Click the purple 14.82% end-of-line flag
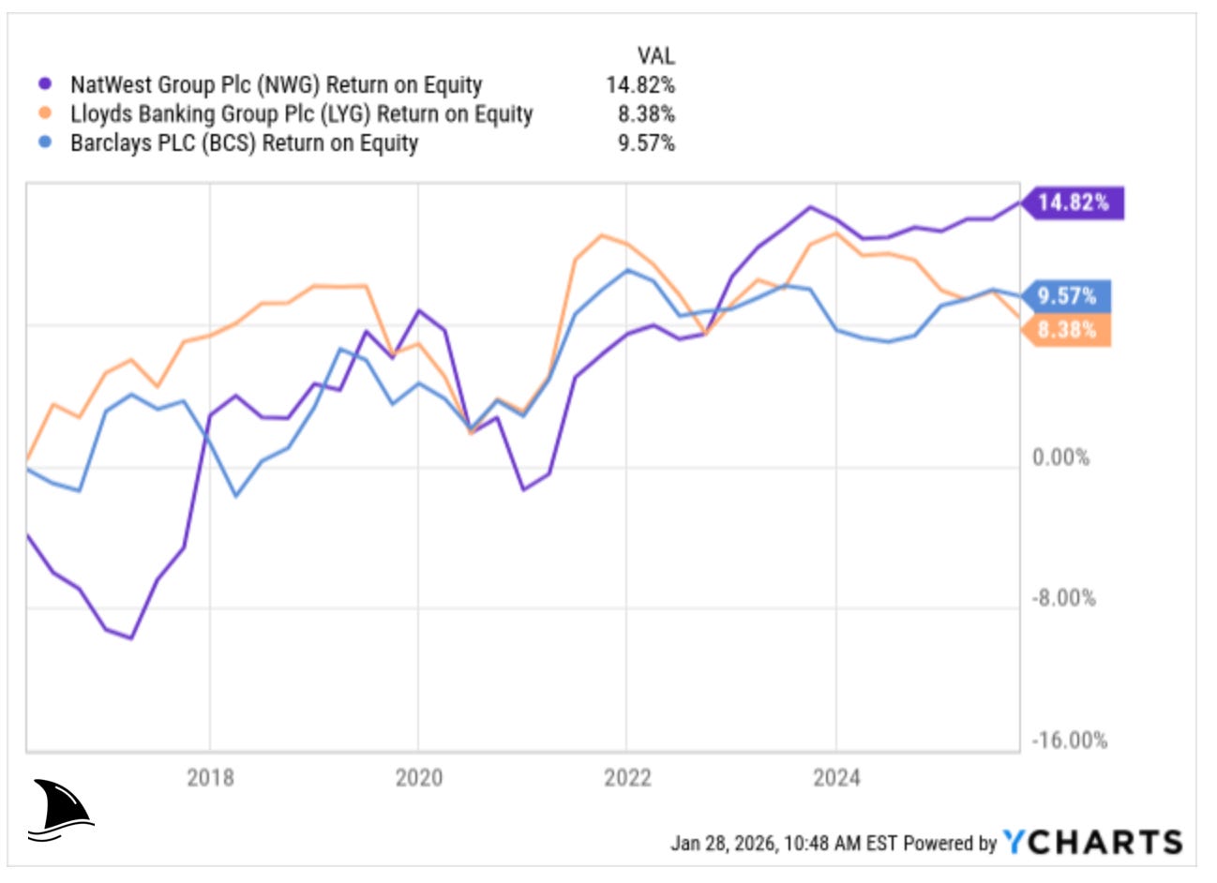click(1072, 202)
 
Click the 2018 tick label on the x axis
click(210, 777)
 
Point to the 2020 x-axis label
click(418, 777)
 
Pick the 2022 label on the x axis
click(627, 777)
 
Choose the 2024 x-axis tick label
click(835, 777)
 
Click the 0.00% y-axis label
click(1060, 457)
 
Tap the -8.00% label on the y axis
click(1062, 598)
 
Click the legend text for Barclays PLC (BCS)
click(244, 143)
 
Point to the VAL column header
click(655, 56)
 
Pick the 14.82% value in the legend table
click(640, 84)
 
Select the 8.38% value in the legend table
click(646, 114)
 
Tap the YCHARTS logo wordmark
click(1092, 842)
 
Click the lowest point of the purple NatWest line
click(131, 638)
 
